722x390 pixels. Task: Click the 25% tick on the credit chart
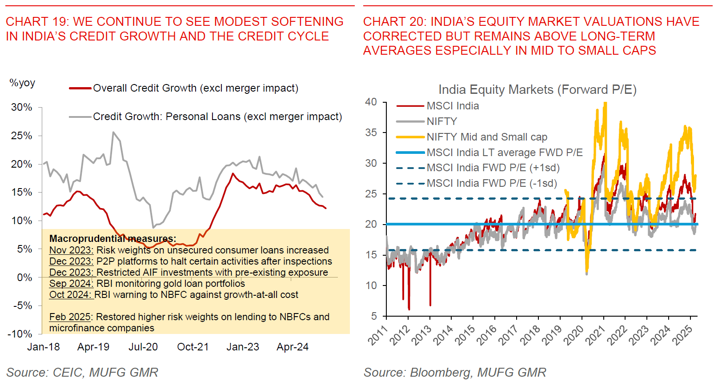[x=21, y=136]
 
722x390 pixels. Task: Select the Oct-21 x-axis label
[x=193, y=347]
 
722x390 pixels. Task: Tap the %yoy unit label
[x=22, y=83]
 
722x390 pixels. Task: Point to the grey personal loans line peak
[x=113, y=132]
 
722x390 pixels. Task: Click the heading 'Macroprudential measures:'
[x=112, y=239]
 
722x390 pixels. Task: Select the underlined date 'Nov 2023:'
[x=71, y=250]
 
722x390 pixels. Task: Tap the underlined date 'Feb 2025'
[x=70, y=317]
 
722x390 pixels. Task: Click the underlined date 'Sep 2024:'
[x=71, y=284]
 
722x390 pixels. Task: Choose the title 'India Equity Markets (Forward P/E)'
[x=537, y=90]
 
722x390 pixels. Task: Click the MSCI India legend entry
[x=453, y=106]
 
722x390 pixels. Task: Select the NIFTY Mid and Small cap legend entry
[x=486, y=137]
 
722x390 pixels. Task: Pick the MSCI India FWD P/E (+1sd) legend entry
[x=493, y=168]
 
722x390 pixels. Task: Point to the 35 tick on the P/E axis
[x=371, y=133]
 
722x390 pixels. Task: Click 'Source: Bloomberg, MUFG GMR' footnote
[x=454, y=373]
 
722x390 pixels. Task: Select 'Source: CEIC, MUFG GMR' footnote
[x=82, y=373]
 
